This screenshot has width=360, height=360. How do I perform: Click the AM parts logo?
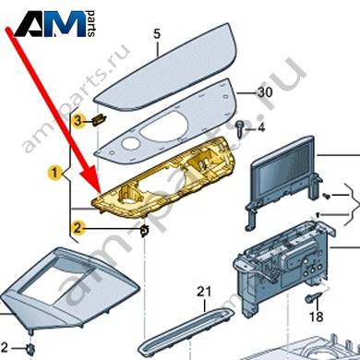click(x=54, y=24)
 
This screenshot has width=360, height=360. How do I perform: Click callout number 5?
click(x=157, y=34)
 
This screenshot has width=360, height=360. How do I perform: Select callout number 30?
click(x=265, y=92)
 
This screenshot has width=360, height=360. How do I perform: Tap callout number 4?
click(x=261, y=127)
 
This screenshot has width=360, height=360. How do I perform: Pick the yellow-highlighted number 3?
click(x=78, y=121)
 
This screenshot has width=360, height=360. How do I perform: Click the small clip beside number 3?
click(x=99, y=119)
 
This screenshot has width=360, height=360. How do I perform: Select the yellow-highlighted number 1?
click(x=54, y=173)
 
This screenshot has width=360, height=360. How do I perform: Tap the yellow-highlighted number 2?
click(x=78, y=228)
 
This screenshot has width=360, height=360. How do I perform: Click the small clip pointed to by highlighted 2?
click(x=144, y=231)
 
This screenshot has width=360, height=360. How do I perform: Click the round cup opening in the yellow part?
click(x=127, y=201)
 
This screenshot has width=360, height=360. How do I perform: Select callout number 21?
click(x=204, y=292)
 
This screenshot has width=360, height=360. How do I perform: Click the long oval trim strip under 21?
click(x=186, y=331)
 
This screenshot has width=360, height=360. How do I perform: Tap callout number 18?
click(x=316, y=317)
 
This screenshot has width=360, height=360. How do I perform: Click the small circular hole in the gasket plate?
click(x=128, y=143)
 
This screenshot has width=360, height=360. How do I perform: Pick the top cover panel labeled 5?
click(x=166, y=67)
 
